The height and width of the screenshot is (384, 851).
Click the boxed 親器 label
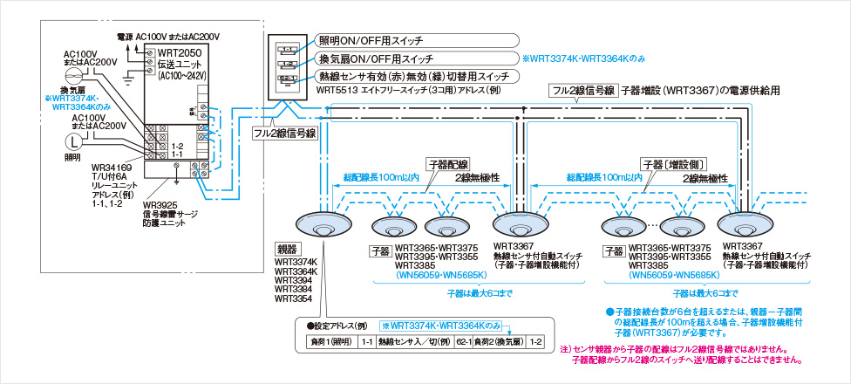[287, 250]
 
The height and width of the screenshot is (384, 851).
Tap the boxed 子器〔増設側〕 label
[673, 163]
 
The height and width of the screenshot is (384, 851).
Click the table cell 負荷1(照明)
[333, 341]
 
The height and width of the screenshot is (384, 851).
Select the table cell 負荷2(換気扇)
[498, 341]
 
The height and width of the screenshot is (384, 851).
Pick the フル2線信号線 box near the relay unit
[284, 134]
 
